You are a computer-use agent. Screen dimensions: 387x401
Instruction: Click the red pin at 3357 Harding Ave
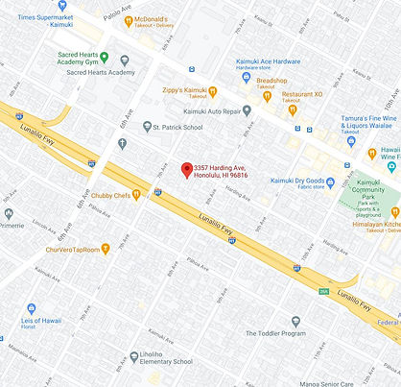[187, 168]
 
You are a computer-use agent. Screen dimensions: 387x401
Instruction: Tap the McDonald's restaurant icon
[129, 19]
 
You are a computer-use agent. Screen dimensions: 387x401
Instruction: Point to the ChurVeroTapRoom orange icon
[106, 249]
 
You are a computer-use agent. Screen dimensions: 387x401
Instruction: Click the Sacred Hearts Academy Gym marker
[104, 58]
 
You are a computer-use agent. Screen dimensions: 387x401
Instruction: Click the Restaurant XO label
[305, 94]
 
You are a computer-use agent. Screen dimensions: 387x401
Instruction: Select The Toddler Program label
[275, 332]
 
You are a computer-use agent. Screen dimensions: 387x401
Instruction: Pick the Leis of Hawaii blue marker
[31, 309]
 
